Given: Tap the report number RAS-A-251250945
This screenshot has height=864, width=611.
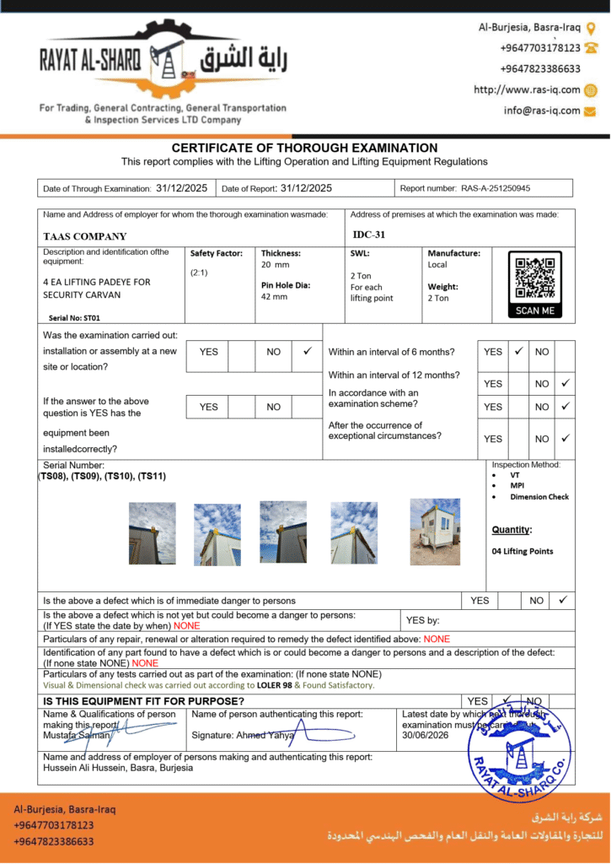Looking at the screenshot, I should tap(501, 188).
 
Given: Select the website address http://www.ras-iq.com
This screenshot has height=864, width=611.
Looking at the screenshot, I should tap(527, 89).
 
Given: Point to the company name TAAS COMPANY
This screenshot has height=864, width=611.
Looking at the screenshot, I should tap(85, 236).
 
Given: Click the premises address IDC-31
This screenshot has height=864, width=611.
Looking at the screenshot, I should tap(368, 235).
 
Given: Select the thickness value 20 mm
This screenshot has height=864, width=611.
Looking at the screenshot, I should tap(275, 265).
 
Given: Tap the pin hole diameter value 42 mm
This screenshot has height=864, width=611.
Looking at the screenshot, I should tap(275, 297).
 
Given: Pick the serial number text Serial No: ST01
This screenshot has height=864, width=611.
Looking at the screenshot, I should tap(75, 318).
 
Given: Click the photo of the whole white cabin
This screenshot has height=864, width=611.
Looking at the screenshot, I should tap(435, 532).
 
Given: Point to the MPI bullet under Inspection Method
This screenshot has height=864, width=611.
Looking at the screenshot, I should tap(517, 486).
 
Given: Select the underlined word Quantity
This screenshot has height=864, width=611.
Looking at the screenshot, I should tap(512, 530).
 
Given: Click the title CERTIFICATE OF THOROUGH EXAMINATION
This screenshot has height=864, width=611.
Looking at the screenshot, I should tap(304, 148).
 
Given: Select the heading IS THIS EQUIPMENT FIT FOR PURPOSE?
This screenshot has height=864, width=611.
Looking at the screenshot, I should tap(144, 701).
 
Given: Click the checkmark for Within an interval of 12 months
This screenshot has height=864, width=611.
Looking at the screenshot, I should tap(565, 383).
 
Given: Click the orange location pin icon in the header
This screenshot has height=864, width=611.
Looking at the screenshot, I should tap(591, 28).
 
